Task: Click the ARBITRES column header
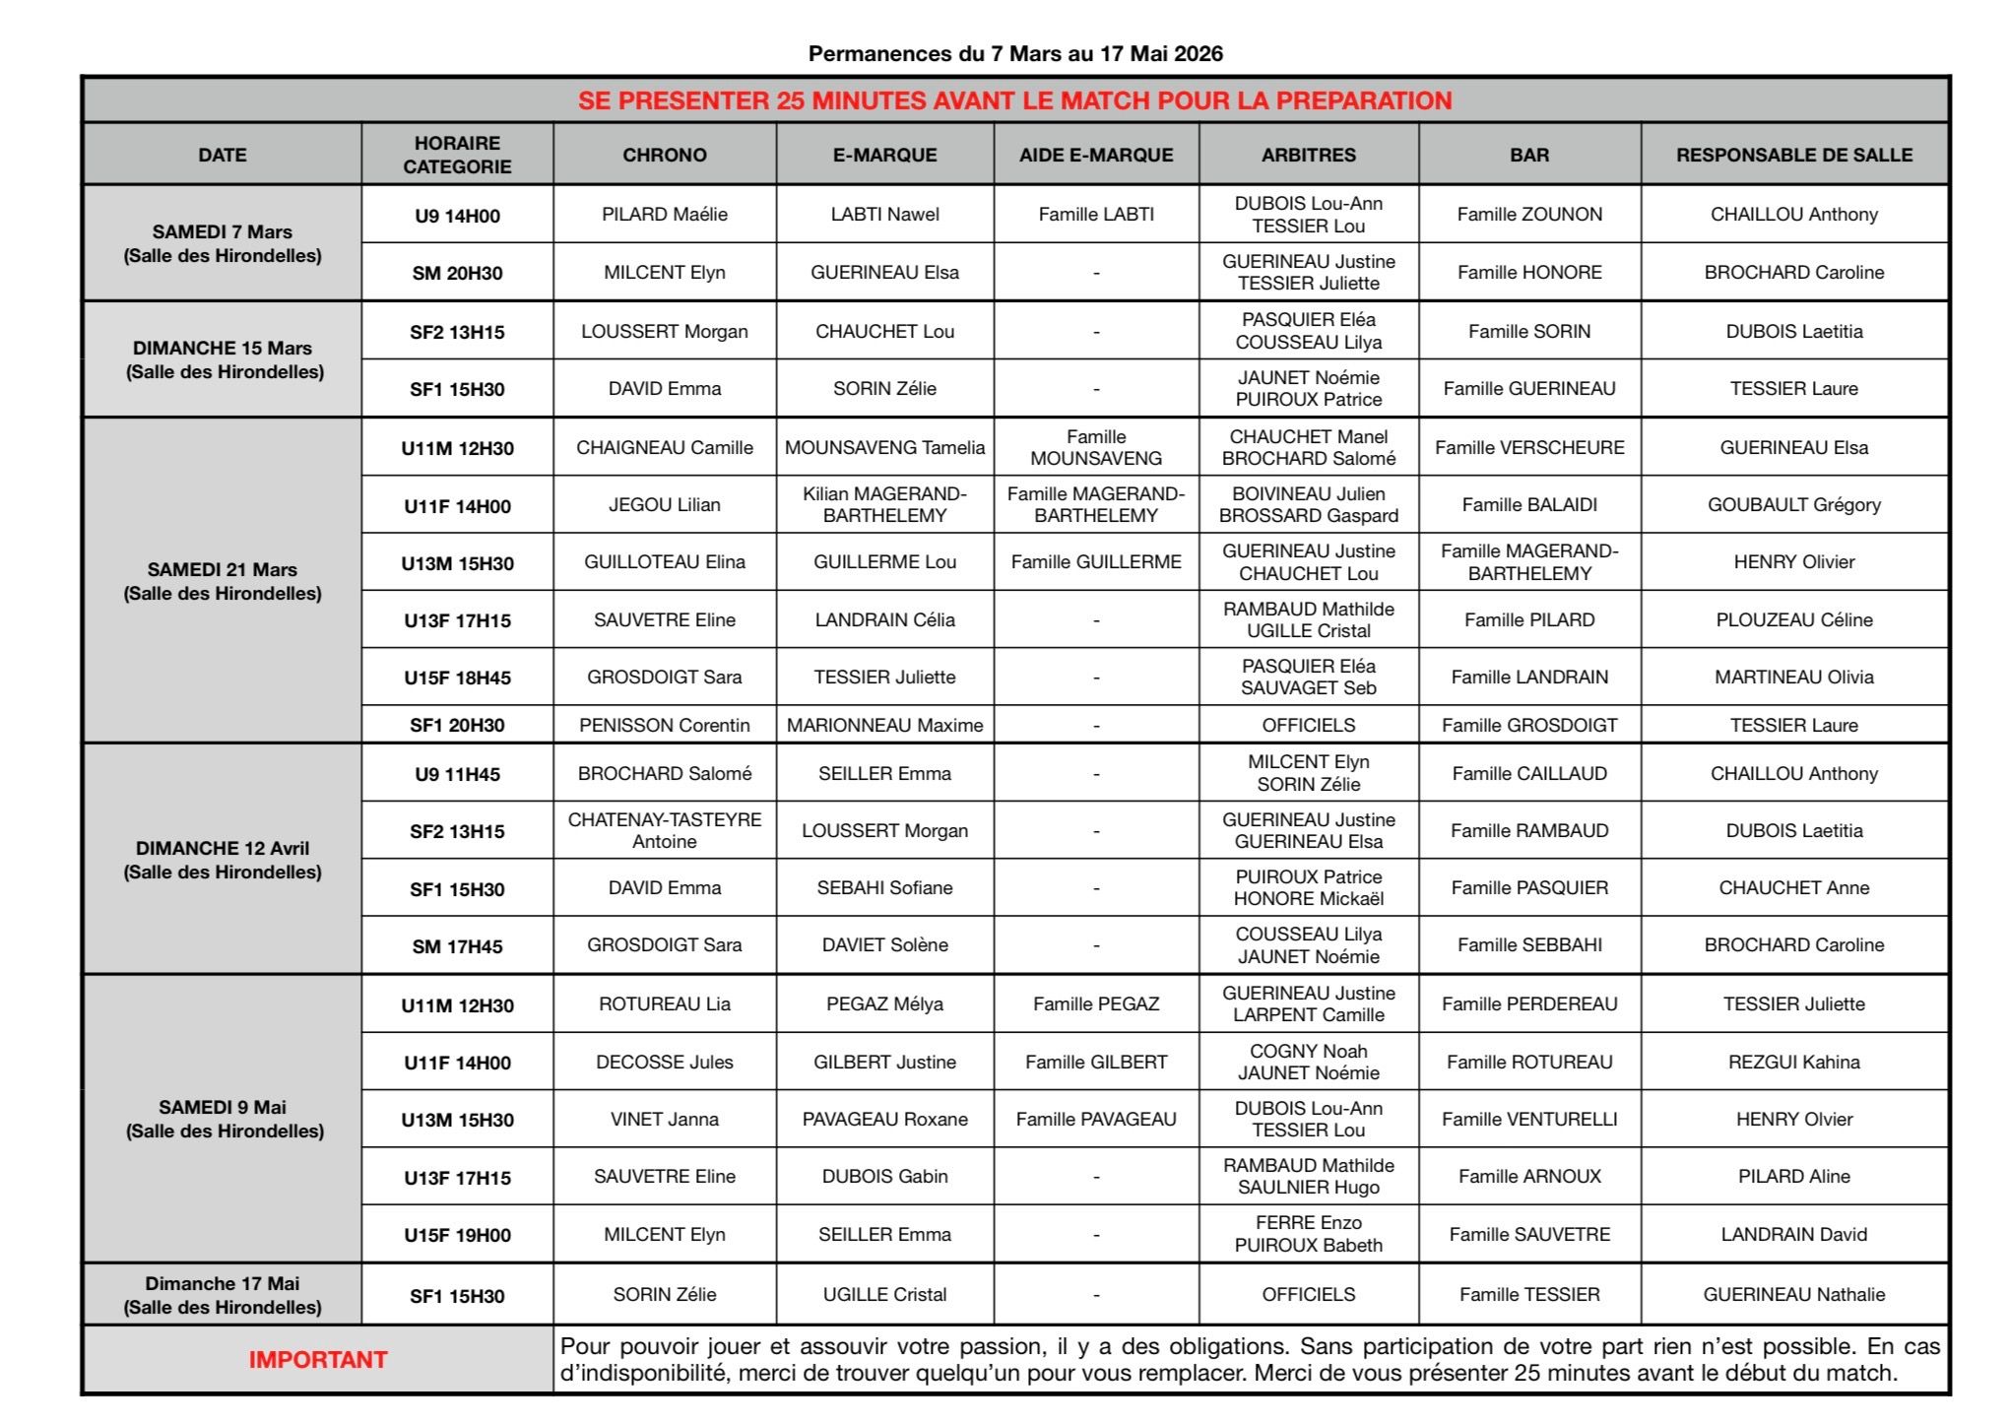click(x=1308, y=155)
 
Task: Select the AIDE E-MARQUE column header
click(x=1096, y=155)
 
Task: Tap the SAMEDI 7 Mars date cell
click(x=223, y=243)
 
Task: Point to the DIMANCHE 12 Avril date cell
click(x=223, y=859)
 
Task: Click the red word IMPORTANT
click(x=317, y=1360)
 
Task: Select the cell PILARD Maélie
click(x=665, y=215)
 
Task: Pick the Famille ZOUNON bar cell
click(x=1529, y=215)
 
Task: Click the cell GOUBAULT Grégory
click(x=1793, y=505)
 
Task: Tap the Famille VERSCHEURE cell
click(x=1529, y=448)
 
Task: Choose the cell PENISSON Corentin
click(x=665, y=726)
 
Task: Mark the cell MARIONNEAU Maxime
click(x=884, y=726)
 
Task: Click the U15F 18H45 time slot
click(x=457, y=678)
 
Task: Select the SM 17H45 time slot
click(x=457, y=946)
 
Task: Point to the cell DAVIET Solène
click(x=884, y=945)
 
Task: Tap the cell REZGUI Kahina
click(x=1793, y=1063)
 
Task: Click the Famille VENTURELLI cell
click(x=1529, y=1120)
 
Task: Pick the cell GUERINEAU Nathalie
click(x=1793, y=1295)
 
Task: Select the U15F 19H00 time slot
click(x=457, y=1235)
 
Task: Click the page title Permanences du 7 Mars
click(x=1015, y=54)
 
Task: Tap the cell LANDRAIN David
click(x=1793, y=1235)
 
